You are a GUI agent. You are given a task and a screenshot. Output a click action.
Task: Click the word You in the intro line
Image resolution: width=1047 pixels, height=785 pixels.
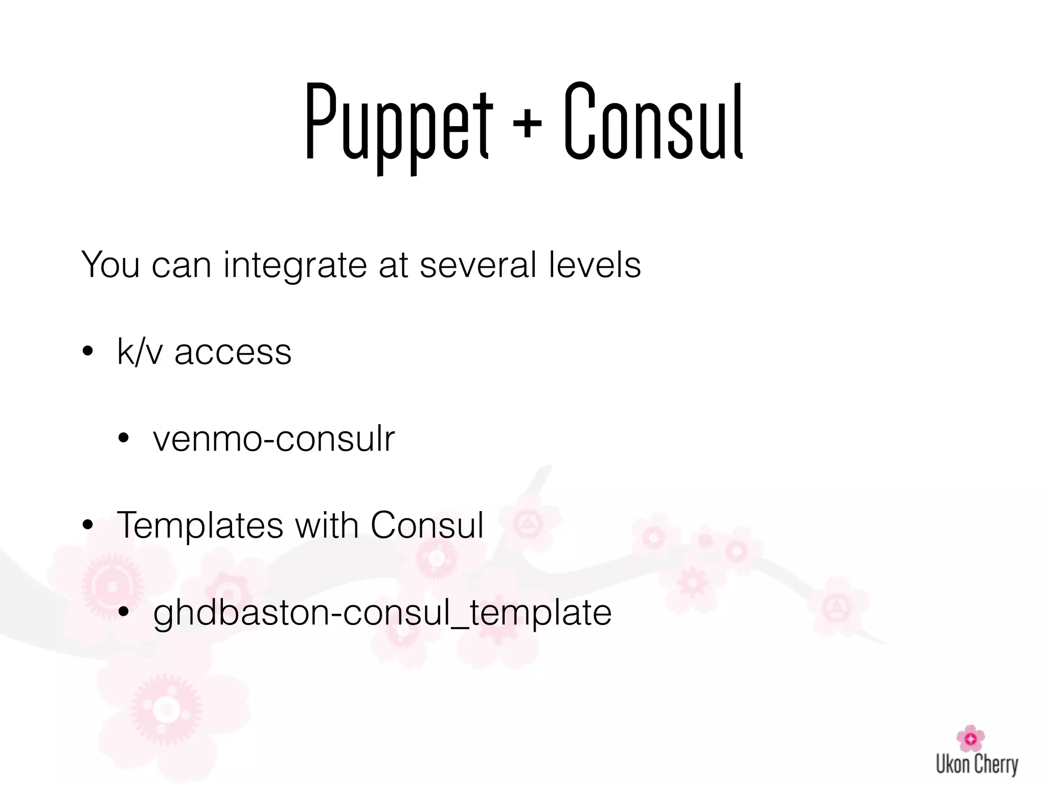tap(110, 265)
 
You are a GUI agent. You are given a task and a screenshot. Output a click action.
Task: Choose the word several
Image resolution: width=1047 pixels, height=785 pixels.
tap(478, 265)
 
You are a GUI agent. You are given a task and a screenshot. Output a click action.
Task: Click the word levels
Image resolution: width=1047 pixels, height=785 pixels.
tap(595, 265)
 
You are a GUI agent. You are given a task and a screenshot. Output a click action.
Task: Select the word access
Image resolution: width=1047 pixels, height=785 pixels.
tap(233, 353)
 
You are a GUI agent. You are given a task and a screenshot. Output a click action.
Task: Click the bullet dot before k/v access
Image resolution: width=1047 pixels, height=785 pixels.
tap(88, 352)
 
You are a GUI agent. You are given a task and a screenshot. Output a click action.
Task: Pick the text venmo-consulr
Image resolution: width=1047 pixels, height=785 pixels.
tap(274, 438)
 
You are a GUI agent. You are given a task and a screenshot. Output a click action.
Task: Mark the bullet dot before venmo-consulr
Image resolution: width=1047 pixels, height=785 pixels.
tap(124, 438)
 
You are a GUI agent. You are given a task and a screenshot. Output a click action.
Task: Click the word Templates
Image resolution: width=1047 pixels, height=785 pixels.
tap(200, 525)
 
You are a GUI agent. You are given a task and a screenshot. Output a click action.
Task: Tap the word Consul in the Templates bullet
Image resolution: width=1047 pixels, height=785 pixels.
tap(427, 525)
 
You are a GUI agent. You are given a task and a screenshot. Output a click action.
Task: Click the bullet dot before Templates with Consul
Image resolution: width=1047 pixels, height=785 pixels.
tap(88, 525)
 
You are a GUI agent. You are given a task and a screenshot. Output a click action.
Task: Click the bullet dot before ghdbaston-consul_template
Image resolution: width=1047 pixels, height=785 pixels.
tap(124, 612)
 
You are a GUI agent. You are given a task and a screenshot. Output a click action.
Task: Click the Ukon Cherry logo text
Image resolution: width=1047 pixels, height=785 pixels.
tap(977, 765)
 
